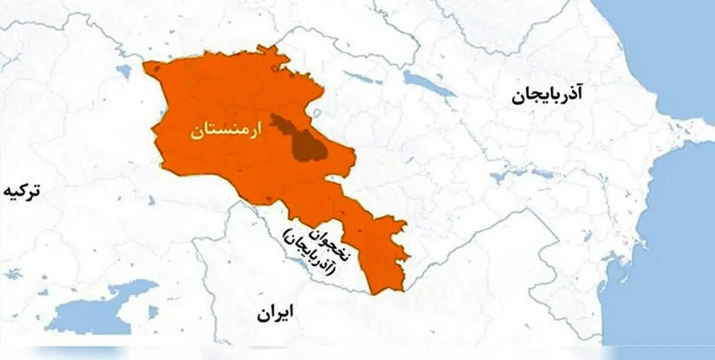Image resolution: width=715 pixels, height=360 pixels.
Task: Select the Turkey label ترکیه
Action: (x=23, y=192)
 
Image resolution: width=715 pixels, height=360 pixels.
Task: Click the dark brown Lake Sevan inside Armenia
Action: (x=304, y=140)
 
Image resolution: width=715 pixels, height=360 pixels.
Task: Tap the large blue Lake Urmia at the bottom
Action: (x=95, y=310)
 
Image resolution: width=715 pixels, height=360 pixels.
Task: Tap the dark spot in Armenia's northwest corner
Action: (x=157, y=70)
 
